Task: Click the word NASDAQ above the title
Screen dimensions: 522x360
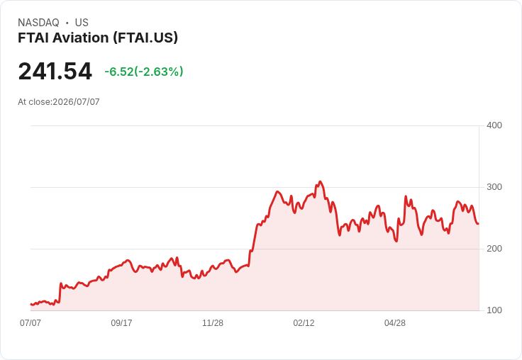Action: click(x=38, y=23)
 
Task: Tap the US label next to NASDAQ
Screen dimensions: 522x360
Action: click(x=82, y=23)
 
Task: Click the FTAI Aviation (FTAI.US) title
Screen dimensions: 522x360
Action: click(x=98, y=38)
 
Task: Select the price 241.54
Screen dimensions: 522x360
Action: click(x=55, y=71)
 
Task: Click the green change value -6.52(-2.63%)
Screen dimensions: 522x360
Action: click(x=144, y=72)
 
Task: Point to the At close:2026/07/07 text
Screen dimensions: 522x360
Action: click(x=59, y=102)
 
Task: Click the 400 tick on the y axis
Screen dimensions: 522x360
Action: click(x=494, y=125)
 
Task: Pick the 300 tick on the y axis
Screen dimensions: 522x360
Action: click(x=494, y=187)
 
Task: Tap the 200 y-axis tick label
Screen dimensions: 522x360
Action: click(x=494, y=249)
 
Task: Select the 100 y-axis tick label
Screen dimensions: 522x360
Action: click(x=494, y=310)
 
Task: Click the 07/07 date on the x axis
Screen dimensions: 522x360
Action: click(x=30, y=323)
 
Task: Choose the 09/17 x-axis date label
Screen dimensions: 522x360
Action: click(x=121, y=323)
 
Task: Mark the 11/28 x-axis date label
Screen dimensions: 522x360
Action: click(x=213, y=323)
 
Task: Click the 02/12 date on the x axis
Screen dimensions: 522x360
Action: click(x=304, y=323)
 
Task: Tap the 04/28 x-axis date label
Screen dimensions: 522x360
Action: click(x=395, y=323)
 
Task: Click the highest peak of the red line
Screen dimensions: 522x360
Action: click(x=321, y=181)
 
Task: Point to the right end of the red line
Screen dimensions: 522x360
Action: click(x=479, y=224)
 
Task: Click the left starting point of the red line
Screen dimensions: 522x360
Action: click(x=31, y=304)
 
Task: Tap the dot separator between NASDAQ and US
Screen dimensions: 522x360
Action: click(x=67, y=23)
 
